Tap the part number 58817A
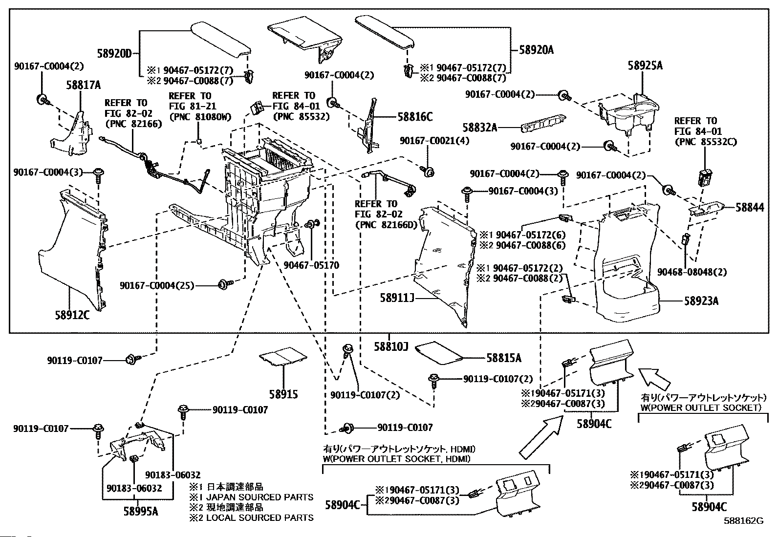pyautogui.click(x=84, y=86)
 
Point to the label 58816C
pyautogui.click(x=415, y=117)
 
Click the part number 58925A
pyautogui.click(x=645, y=65)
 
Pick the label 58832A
pyautogui.click(x=480, y=128)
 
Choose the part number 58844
pyautogui.click(x=750, y=208)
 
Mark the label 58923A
pyautogui.click(x=701, y=301)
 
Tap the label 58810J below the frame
pyautogui.click(x=391, y=346)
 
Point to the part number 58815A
pyautogui.click(x=503, y=358)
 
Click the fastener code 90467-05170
pyautogui.click(x=311, y=265)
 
